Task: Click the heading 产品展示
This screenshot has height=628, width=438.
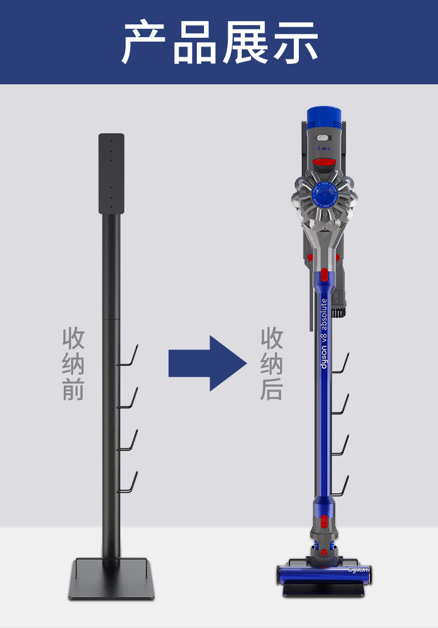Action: point(220,43)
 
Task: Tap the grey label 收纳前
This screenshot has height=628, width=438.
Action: point(73,363)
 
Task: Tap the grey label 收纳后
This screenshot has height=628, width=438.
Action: point(272,363)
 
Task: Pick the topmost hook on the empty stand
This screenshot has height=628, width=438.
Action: point(129,356)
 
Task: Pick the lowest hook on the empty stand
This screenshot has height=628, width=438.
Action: point(129,483)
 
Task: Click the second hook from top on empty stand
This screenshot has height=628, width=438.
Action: point(129,398)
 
